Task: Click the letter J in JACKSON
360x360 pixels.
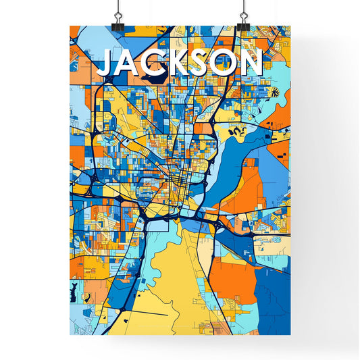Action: click(x=107, y=64)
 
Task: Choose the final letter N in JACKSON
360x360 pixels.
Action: click(x=251, y=63)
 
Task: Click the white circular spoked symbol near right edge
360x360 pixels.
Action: click(x=275, y=91)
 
